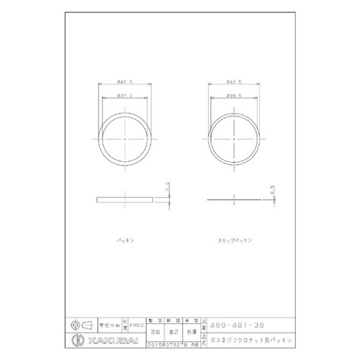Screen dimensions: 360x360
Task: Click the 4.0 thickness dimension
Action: point(166,188)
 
